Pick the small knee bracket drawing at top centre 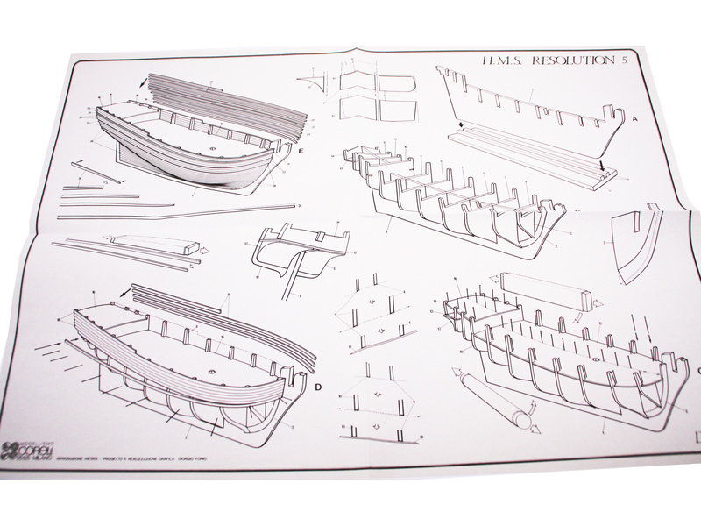point(308,82)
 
